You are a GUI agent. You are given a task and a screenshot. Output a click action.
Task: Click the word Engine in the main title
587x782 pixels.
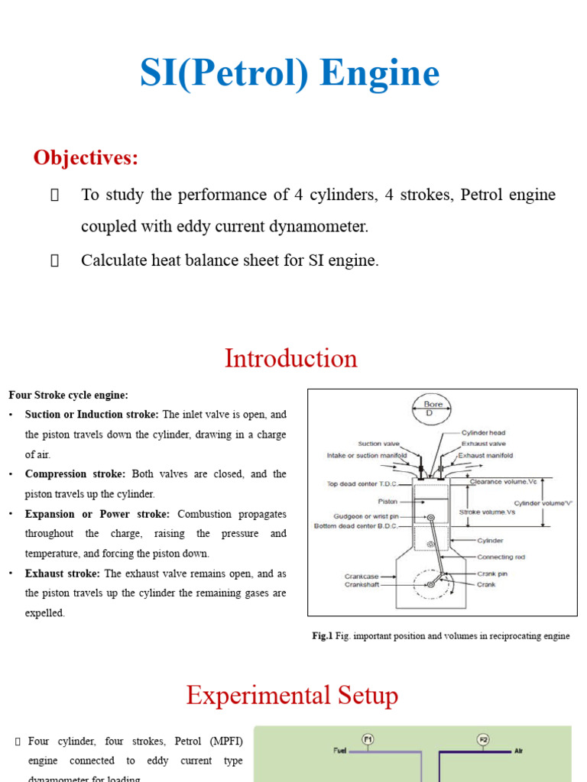pos(380,73)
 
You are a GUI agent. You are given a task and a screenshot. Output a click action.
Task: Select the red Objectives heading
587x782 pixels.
pos(86,158)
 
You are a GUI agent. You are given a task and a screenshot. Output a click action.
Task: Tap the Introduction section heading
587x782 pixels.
pos(290,358)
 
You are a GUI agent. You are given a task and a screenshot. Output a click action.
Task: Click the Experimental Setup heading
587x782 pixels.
pos(292,696)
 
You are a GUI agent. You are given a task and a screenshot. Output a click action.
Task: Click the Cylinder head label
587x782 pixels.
pos(483,433)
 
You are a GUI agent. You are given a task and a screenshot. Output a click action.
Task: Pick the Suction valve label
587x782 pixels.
pos(380,444)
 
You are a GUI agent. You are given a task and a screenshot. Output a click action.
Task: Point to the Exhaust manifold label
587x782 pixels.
pos(485,456)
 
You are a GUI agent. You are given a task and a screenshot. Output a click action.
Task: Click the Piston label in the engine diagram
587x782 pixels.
pos(388,502)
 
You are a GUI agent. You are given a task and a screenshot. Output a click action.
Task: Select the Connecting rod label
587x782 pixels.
pos(501,557)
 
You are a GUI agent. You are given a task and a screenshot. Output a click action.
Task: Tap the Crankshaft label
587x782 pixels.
pos(362,585)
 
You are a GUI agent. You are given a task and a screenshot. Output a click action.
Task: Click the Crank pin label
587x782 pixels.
pos(492,574)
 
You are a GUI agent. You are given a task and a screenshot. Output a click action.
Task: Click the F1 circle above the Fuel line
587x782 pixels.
pos(368,739)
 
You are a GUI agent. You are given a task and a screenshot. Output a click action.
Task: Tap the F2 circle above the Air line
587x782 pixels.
pos(482,739)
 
